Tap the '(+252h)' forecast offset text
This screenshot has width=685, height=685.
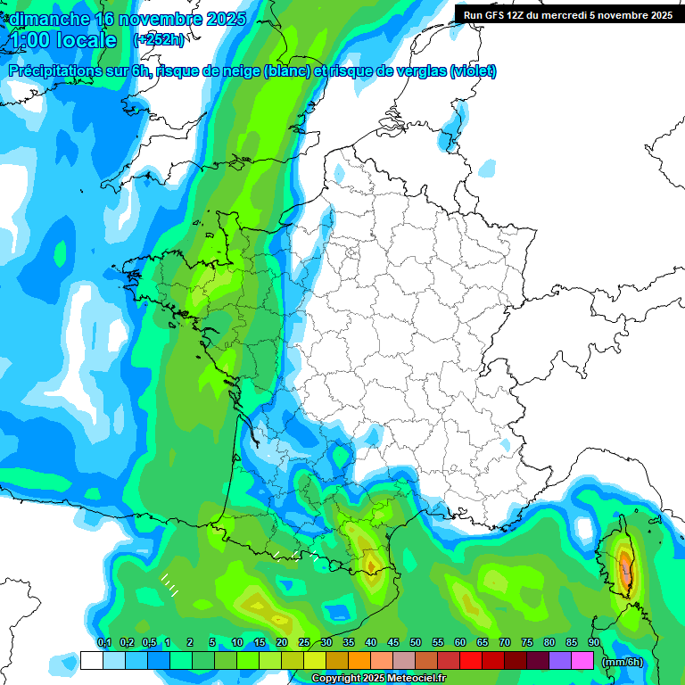pyautogui.click(x=160, y=40)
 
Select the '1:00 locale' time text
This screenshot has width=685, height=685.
pyautogui.click(x=63, y=41)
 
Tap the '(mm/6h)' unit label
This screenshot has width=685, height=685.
pyautogui.click(x=623, y=662)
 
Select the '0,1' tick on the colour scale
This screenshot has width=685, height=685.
pyautogui.click(x=103, y=643)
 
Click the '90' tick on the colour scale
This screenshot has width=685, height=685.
pyautogui.click(x=594, y=643)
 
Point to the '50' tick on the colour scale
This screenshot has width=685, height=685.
pyautogui.click(x=416, y=643)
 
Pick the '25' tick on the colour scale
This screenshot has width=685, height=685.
pyautogui.click(x=304, y=643)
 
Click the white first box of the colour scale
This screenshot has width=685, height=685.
pyautogui.click(x=91, y=661)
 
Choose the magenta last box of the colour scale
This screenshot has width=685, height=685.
pyautogui.click(x=582, y=661)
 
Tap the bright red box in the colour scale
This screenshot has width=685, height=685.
pyautogui.click(x=471, y=661)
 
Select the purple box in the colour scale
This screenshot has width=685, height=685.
pyautogui.click(x=560, y=661)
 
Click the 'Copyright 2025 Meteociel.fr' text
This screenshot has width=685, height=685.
pyautogui.click(x=378, y=679)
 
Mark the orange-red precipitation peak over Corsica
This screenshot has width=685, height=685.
pyautogui.click(x=627, y=571)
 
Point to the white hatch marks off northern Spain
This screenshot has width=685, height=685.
pyautogui.click(x=169, y=585)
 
